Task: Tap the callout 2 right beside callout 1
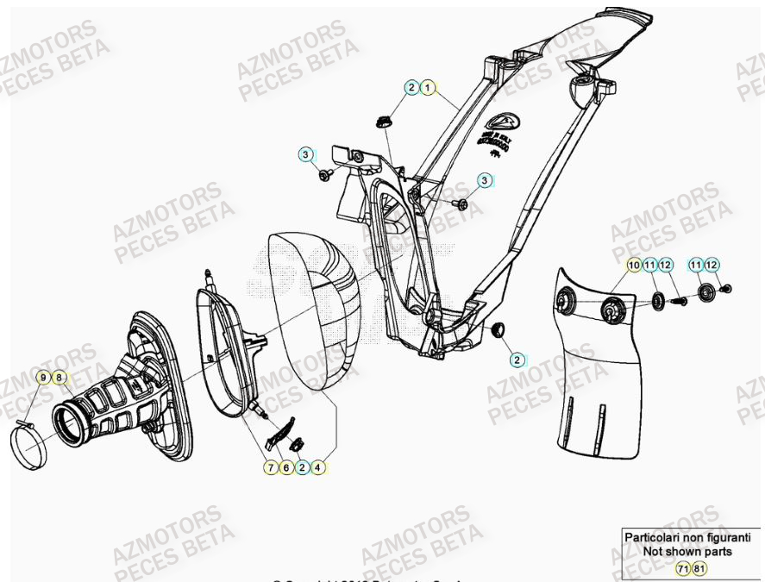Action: click(412, 88)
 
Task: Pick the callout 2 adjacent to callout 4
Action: click(302, 467)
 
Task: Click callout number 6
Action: click(286, 467)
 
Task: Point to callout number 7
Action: click(271, 467)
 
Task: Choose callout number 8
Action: click(58, 377)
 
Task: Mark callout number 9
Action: click(42, 377)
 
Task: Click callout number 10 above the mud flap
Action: click(634, 265)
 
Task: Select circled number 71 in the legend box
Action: click(682, 570)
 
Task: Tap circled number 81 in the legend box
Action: click(698, 570)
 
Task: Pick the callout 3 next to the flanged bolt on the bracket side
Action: click(305, 154)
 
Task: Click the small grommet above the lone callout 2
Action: click(498, 330)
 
